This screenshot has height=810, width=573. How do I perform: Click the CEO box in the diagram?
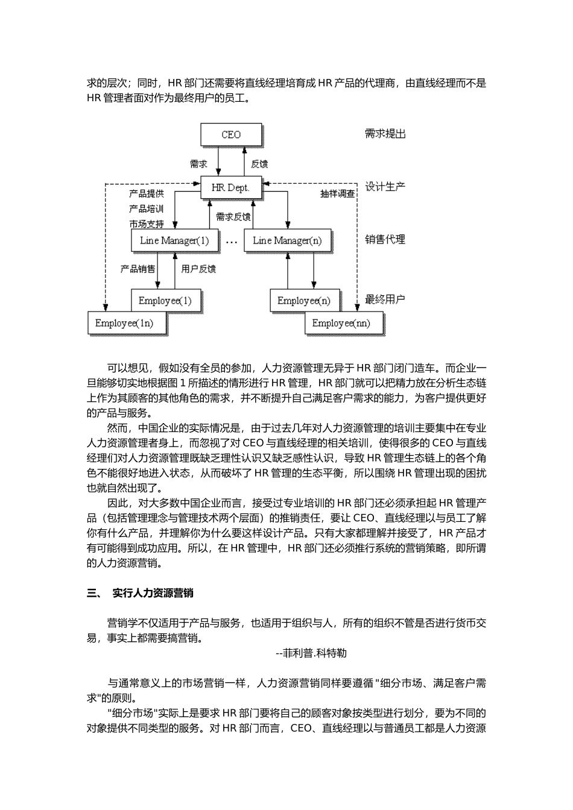[231, 134]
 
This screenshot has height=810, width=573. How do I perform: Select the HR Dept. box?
[230, 187]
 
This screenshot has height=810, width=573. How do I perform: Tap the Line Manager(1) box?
[174, 240]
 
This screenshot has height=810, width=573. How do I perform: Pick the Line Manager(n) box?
[287, 240]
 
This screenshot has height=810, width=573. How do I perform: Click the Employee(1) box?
[165, 300]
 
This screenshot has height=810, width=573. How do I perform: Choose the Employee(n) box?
[304, 300]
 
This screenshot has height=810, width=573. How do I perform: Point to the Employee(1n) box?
[124, 324]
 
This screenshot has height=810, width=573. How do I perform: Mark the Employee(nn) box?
[341, 324]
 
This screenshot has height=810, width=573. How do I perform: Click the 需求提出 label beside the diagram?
[385, 134]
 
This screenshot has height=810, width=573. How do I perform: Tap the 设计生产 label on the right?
[385, 187]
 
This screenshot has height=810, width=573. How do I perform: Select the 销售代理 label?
[385, 239]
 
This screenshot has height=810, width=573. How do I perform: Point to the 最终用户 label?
[385, 299]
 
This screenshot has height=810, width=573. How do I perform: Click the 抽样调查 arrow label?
[338, 194]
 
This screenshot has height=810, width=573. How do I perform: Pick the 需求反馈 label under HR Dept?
[233, 217]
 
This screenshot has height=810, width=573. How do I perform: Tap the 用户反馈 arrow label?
[198, 269]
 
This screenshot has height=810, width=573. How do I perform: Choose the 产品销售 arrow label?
[138, 269]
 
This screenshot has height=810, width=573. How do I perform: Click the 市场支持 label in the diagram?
[146, 224]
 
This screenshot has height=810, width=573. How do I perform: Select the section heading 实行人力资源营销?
[153, 593]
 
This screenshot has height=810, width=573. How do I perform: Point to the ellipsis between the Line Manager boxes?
[231, 241]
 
